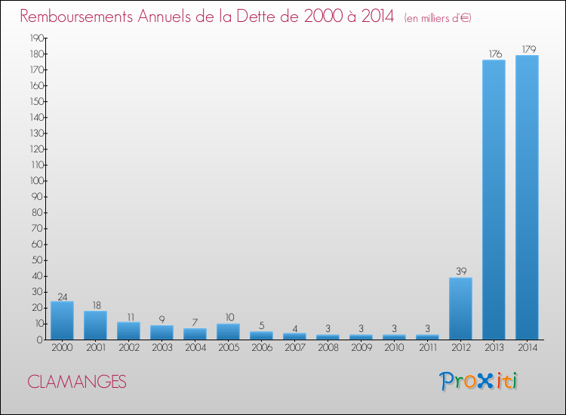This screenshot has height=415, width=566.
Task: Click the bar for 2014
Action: point(527,198)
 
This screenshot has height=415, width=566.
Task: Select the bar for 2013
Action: point(494,200)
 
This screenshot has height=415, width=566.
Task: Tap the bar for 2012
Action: point(460,309)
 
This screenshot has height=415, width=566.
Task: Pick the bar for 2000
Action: point(62,321)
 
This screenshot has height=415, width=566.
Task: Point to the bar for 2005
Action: point(228,332)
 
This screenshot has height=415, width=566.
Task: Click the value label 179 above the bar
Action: point(527,50)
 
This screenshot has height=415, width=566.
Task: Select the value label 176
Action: point(494,54)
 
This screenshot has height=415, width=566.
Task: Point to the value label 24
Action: point(62,296)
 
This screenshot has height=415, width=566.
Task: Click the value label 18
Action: point(95,306)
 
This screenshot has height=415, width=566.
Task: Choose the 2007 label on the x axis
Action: point(294,348)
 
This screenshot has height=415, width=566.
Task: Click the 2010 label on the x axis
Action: point(394,348)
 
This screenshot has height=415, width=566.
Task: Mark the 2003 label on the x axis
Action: point(161,348)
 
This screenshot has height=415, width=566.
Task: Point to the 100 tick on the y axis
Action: point(36,180)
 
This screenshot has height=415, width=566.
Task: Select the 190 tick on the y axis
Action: point(36,38)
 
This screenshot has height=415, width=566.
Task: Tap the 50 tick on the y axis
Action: point(38,260)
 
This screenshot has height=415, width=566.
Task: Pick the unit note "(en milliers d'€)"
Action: point(438,17)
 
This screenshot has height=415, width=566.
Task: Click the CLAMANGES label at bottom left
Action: point(77,382)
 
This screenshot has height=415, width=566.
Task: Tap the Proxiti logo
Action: point(478,381)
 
